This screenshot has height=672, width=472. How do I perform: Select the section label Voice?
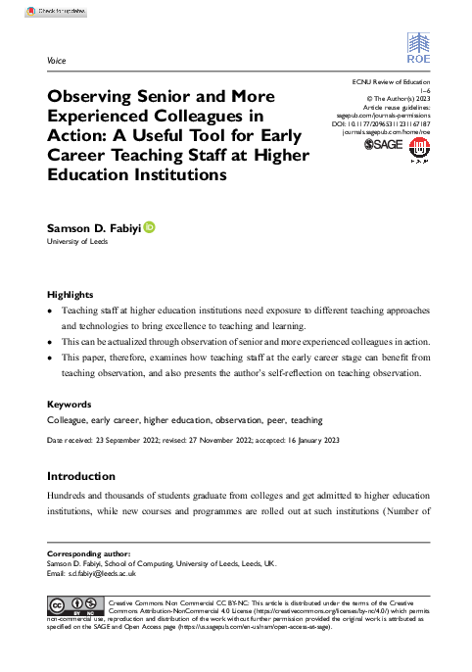click(x=56, y=61)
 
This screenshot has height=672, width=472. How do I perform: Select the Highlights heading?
click(x=72, y=294)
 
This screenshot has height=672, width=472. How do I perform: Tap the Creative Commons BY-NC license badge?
click(x=76, y=602)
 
